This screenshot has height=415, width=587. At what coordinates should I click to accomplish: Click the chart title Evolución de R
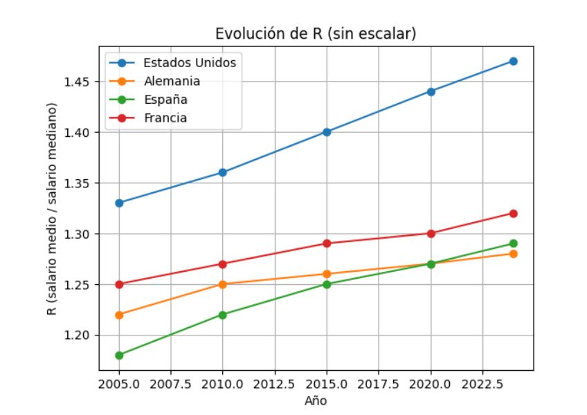click(316, 34)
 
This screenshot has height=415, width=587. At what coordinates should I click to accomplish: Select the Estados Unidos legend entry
click(190, 62)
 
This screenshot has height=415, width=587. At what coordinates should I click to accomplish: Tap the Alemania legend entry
click(172, 81)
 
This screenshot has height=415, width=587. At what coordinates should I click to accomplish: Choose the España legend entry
click(165, 100)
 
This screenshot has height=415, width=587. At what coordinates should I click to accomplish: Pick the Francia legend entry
click(165, 118)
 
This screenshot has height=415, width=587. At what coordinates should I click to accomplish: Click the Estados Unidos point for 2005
click(119, 203)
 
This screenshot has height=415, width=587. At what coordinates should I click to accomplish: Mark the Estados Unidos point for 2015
click(327, 131)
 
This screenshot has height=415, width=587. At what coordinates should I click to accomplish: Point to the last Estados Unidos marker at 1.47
click(513, 61)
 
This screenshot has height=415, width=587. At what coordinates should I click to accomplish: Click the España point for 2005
click(119, 355)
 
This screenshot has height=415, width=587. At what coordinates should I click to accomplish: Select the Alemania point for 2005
click(119, 315)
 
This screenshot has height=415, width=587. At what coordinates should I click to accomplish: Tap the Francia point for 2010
click(223, 264)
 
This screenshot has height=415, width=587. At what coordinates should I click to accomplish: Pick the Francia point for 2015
click(327, 243)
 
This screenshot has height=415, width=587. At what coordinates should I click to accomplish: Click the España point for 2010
click(223, 315)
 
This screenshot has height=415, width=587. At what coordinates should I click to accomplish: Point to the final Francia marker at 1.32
click(513, 213)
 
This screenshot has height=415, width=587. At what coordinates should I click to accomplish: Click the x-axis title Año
click(316, 400)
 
